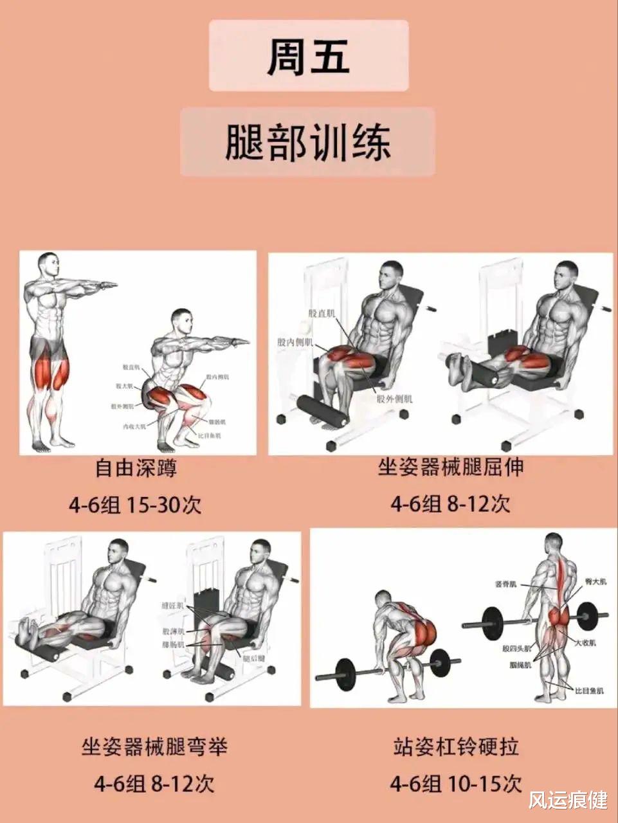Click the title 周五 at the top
(x=308, y=55)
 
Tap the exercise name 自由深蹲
(x=136, y=467)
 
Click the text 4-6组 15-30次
(x=136, y=505)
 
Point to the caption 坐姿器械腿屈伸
(x=450, y=467)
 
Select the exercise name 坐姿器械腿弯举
(x=154, y=746)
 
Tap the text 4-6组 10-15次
(x=455, y=784)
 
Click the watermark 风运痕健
(x=568, y=800)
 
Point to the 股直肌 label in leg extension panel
(x=322, y=314)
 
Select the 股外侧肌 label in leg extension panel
(x=395, y=399)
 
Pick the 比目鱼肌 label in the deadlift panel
(x=590, y=691)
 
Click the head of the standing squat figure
(x=48, y=264)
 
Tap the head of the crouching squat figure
(x=182, y=320)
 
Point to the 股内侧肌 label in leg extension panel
(x=295, y=343)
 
